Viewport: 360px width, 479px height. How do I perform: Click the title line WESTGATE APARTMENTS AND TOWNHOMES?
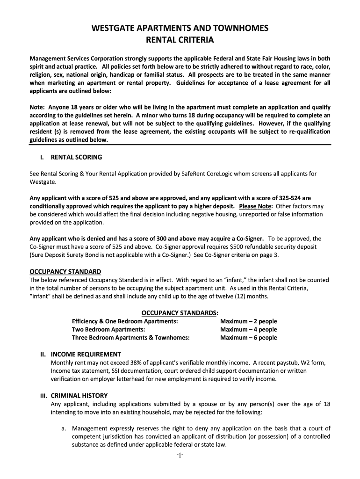[180, 29]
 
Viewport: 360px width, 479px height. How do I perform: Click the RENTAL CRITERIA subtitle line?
[180, 40]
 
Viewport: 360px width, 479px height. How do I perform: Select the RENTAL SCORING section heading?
[76, 157]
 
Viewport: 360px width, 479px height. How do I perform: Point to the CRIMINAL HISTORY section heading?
[79, 395]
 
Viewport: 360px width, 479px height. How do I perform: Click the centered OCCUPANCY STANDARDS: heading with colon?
[180, 312]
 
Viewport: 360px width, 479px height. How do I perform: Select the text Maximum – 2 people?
[248, 321]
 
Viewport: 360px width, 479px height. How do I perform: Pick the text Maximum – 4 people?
[248, 329]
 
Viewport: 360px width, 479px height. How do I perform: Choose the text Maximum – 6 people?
[248, 338]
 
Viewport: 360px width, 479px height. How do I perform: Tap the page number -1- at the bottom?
[180, 455]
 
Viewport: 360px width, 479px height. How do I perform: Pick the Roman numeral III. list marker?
[43, 395]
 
